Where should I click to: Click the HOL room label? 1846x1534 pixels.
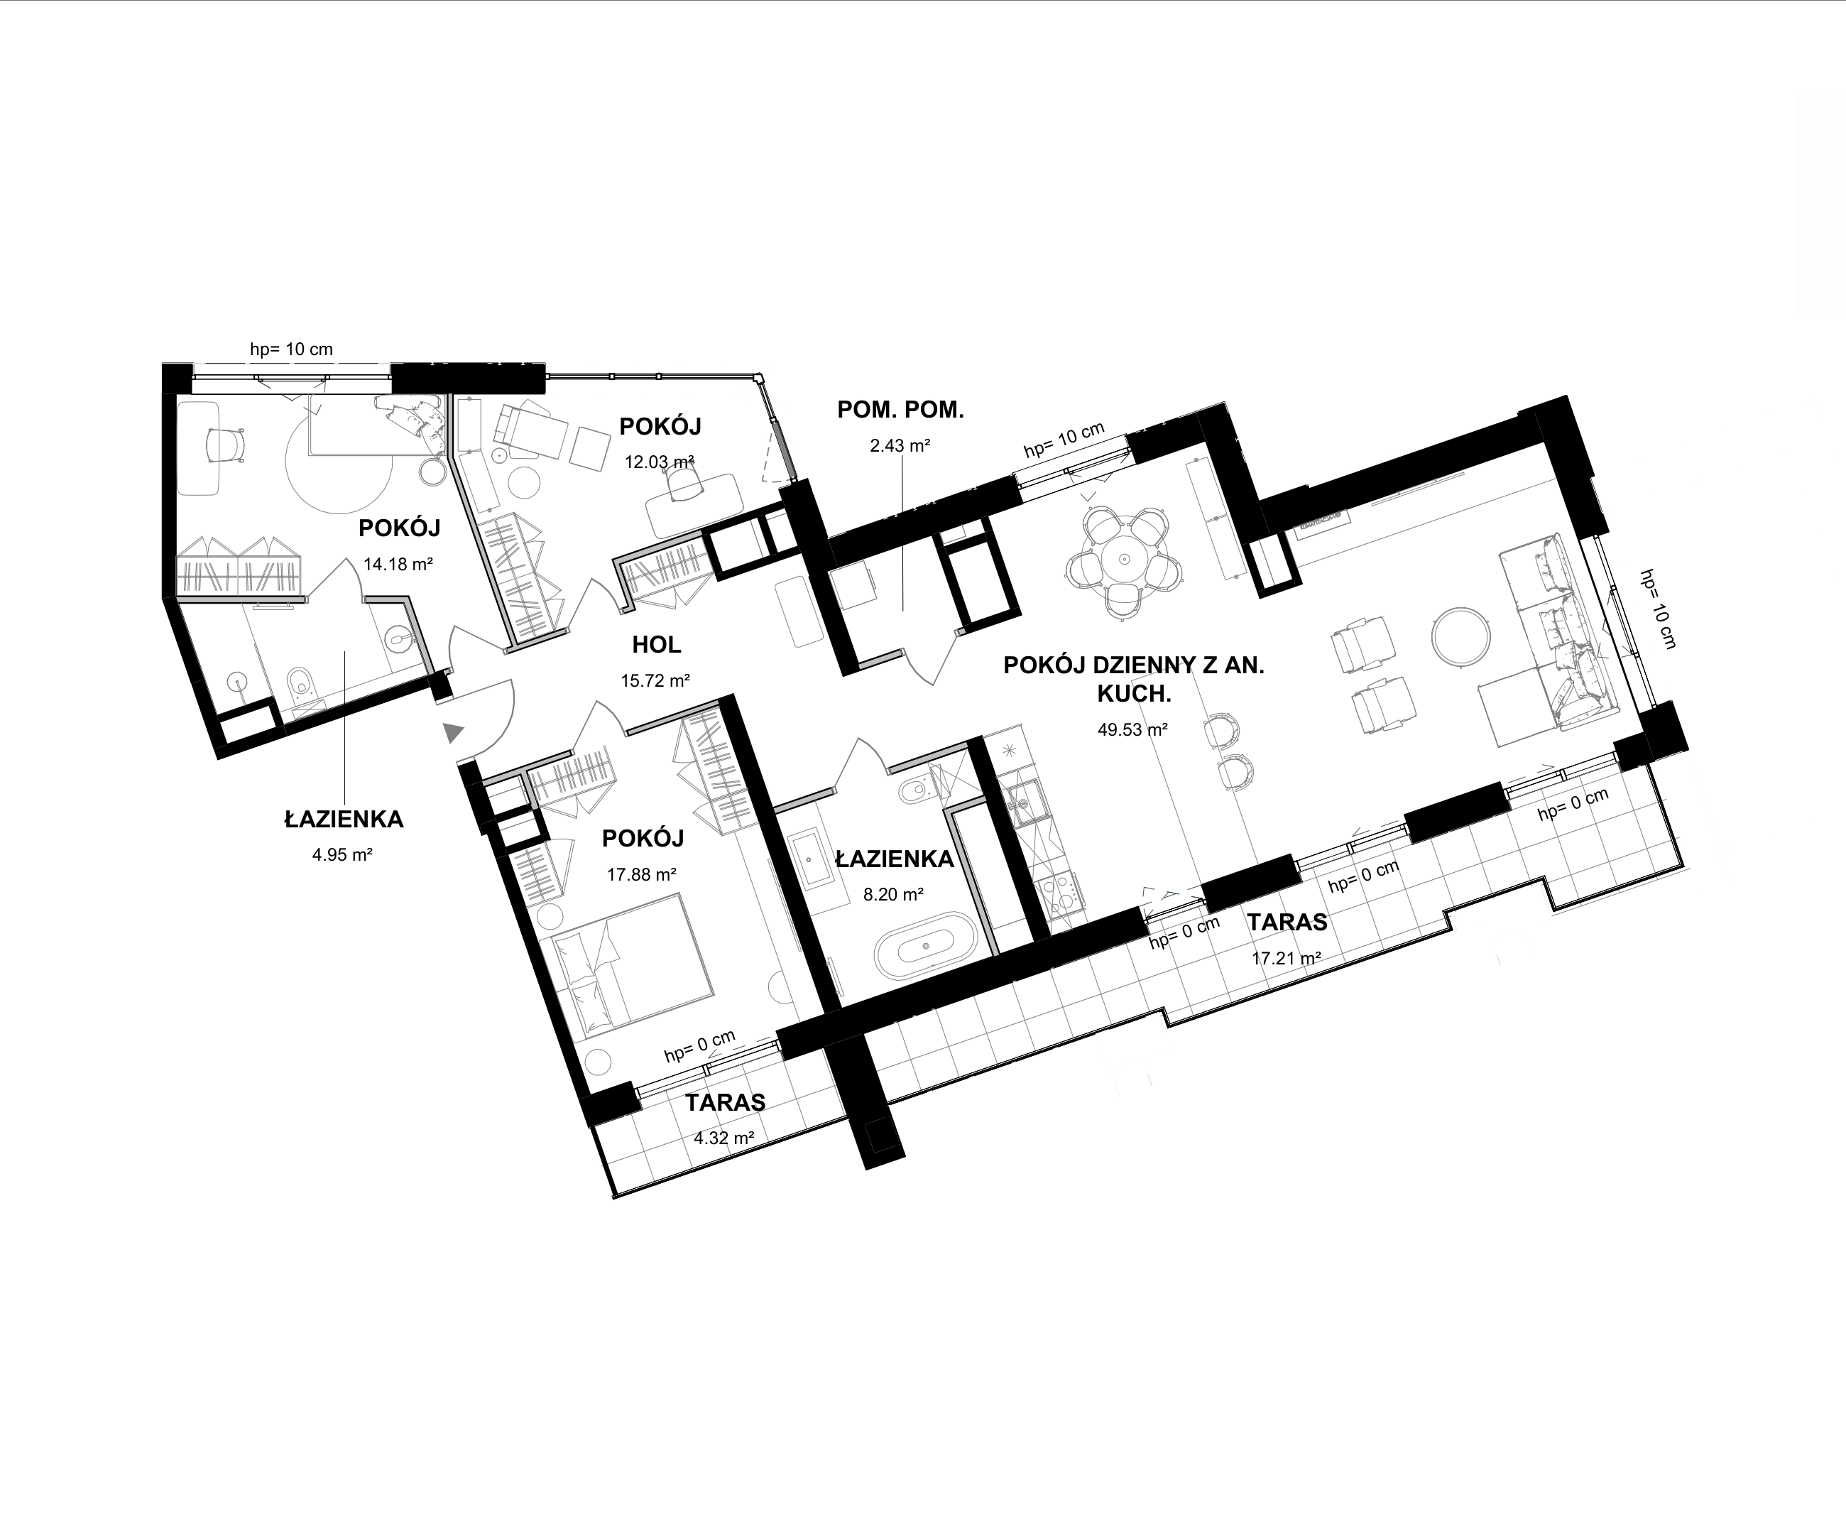click(x=657, y=646)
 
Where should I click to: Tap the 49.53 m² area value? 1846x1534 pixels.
click(x=1132, y=729)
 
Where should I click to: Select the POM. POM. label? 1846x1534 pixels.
click(x=900, y=410)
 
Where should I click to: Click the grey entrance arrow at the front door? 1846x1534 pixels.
click(x=453, y=731)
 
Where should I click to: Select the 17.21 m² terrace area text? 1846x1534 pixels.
click(x=1286, y=958)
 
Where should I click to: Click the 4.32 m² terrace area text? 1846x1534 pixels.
click(x=724, y=1138)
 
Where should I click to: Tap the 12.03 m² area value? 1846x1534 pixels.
click(x=660, y=462)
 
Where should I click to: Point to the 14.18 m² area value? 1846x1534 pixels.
click(x=398, y=565)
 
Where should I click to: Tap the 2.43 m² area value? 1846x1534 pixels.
click(x=900, y=446)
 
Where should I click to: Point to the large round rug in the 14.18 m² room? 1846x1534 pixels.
click(x=339, y=457)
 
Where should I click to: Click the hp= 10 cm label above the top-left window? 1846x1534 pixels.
click(x=291, y=349)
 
